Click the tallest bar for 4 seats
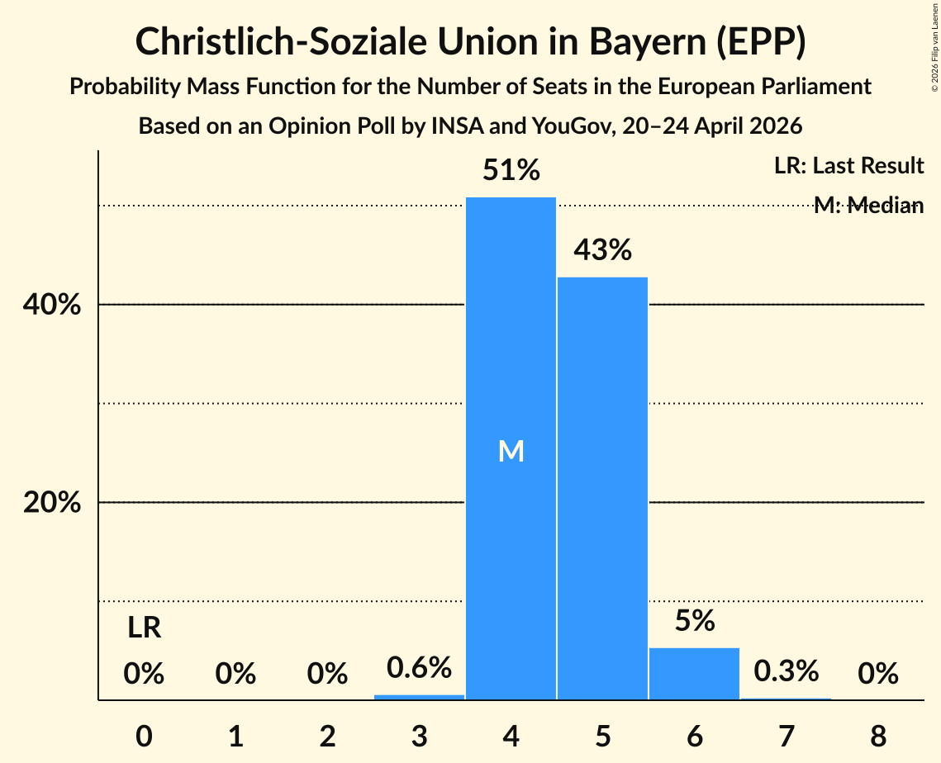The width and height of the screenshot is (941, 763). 511,448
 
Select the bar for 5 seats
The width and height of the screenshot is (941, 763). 602,488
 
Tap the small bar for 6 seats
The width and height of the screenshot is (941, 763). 694,674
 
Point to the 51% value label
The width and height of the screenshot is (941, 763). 511,170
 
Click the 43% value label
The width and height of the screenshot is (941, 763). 602,249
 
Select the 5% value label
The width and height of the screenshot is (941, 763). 695,620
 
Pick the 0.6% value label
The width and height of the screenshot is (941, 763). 419,667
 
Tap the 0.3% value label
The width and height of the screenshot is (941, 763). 787,671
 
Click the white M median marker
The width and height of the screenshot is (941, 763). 511,451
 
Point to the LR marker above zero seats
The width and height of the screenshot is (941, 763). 144,628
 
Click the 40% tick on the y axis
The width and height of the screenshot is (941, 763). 51,305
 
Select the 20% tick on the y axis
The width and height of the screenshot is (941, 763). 51,502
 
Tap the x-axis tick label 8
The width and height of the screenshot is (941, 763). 878,736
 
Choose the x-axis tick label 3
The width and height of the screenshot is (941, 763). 419,736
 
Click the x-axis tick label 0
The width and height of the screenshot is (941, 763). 144,736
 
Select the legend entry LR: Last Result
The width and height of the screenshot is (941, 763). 848,165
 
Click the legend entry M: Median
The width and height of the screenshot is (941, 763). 869,206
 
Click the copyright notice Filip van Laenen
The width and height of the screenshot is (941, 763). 935,47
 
